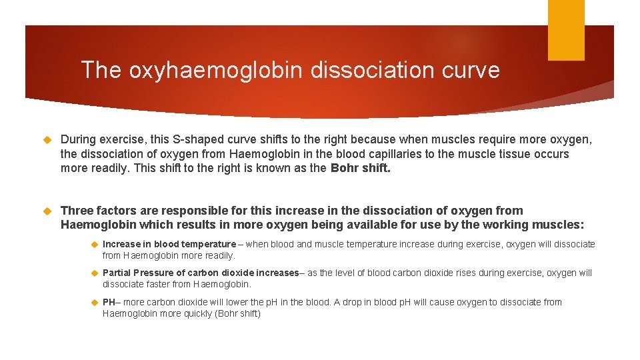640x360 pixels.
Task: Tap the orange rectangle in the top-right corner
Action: point(566,30)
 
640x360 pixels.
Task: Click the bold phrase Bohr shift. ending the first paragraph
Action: point(361,168)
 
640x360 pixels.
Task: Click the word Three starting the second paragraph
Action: point(78,211)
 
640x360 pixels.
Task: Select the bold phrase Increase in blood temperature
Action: point(169,244)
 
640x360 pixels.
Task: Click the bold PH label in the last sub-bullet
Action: point(109,302)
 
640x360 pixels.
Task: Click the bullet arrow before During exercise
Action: point(46,140)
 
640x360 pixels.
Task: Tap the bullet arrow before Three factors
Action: point(46,211)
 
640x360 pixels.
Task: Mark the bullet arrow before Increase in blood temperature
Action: point(94,245)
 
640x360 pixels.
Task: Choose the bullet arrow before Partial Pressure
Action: point(94,273)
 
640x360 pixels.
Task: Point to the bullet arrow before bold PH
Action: point(94,303)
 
